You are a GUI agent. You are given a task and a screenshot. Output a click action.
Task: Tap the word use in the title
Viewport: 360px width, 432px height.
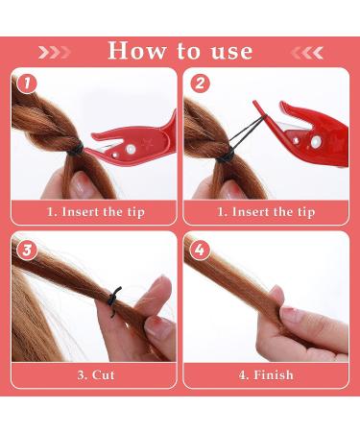point(229,51)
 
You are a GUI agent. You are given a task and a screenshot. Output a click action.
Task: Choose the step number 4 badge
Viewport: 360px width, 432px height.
point(199,251)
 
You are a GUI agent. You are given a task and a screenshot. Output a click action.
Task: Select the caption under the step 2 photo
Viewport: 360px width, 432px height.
point(266,211)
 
